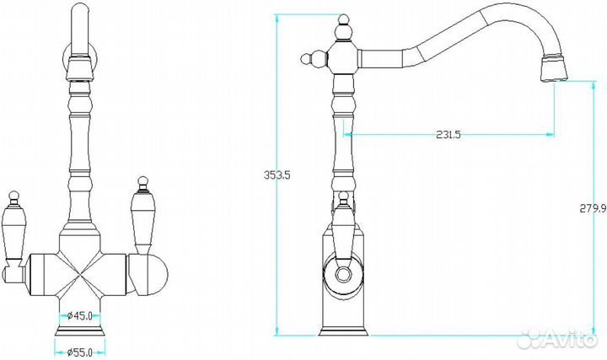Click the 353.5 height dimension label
click(x=277, y=175)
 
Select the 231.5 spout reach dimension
click(x=449, y=135)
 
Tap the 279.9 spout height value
click(x=593, y=208)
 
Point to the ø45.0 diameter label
click(x=80, y=316)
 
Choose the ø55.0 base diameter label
click(x=80, y=352)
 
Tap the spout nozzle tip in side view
click(x=554, y=69)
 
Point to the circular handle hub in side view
click(x=342, y=275)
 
